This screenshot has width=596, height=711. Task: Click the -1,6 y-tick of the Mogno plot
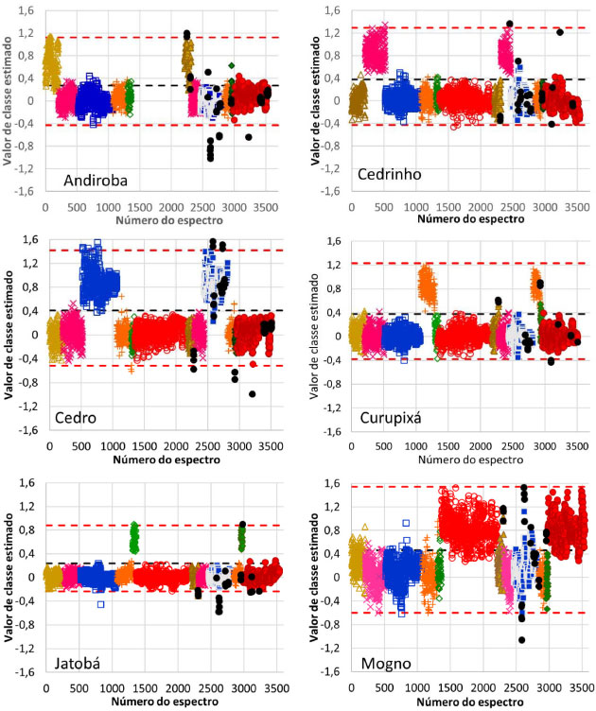point(331,672)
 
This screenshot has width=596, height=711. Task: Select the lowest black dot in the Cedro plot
point(253,394)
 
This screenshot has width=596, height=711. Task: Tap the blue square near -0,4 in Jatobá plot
point(100,604)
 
